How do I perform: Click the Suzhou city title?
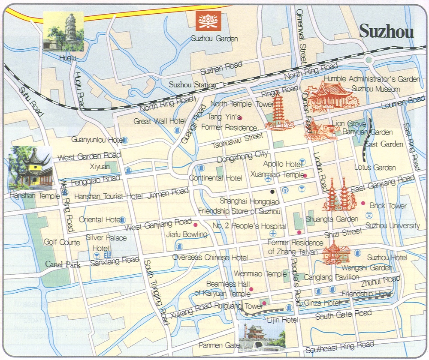[x=386, y=31]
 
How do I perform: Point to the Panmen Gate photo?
[x=261, y=335]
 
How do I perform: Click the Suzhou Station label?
[x=192, y=84]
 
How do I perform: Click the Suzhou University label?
[x=392, y=225]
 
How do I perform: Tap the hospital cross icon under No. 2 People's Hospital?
[x=273, y=234]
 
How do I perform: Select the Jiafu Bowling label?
[x=188, y=234]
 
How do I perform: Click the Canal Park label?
[x=63, y=265]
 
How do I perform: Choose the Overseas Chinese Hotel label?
[x=210, y=257]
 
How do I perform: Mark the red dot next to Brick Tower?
[x=363, y=203]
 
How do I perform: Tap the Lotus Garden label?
[x=375, y=168]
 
